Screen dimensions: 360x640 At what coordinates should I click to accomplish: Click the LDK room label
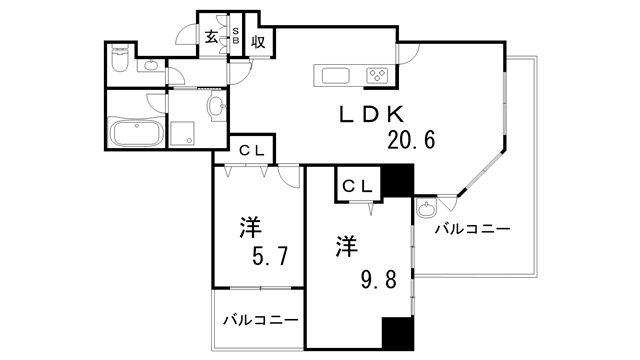coord(375,115)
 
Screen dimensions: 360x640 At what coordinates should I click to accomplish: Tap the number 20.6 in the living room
coord(411,140)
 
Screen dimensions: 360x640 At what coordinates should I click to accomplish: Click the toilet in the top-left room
coord(119,64)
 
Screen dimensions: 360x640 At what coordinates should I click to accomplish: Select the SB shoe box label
coord(236,38)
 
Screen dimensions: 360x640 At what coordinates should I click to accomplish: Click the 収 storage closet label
coord(257,40)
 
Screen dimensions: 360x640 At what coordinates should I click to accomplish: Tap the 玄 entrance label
coord(213,38)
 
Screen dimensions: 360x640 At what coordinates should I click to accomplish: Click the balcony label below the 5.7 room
coord(259,321)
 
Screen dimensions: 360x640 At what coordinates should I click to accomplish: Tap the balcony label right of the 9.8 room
coord(473,229)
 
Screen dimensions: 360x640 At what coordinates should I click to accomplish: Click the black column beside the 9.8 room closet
coord(398,181)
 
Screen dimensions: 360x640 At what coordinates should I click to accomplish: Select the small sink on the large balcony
coord(428,210)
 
